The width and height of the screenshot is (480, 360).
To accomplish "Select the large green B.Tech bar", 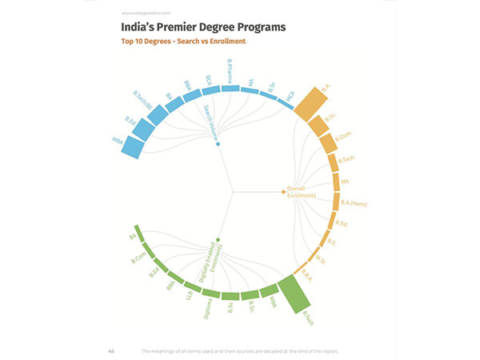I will pos(295,293).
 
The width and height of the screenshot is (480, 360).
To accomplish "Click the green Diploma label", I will pos(208,307).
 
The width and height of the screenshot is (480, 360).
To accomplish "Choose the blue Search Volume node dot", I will pos(218,143).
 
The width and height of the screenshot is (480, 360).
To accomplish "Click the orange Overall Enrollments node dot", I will pos(283,192).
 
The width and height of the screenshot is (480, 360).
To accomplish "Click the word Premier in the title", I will pos(177,28).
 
